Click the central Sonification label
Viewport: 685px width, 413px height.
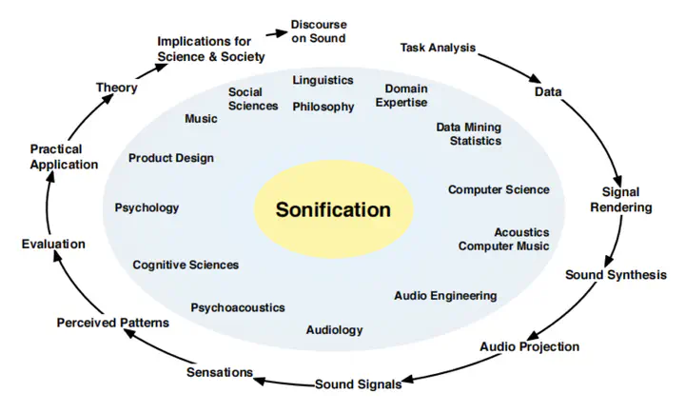(333, 209)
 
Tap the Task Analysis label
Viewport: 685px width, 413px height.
(438, 47)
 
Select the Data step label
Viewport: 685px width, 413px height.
(547, 92)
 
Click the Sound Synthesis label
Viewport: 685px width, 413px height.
(616, 275)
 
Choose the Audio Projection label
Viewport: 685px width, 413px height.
(529, 346)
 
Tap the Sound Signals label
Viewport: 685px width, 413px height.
(358, 384)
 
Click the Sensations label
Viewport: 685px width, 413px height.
(220, 371)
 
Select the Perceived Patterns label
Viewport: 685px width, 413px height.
(112, 323)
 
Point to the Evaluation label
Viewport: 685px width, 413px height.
(53, 244)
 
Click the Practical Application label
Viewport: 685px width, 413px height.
(64, 157)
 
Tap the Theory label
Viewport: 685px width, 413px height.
(116, 88)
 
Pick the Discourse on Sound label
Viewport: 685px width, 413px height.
(318, 31)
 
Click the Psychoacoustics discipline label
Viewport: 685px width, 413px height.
(238, 307)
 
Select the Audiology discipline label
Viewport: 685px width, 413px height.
(334, 329)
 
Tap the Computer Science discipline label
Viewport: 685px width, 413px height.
(499, 189)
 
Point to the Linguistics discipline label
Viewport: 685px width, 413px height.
(323, 80)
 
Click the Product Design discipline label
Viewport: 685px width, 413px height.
(171, 158)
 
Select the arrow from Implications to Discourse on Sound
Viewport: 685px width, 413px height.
(275, 33)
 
